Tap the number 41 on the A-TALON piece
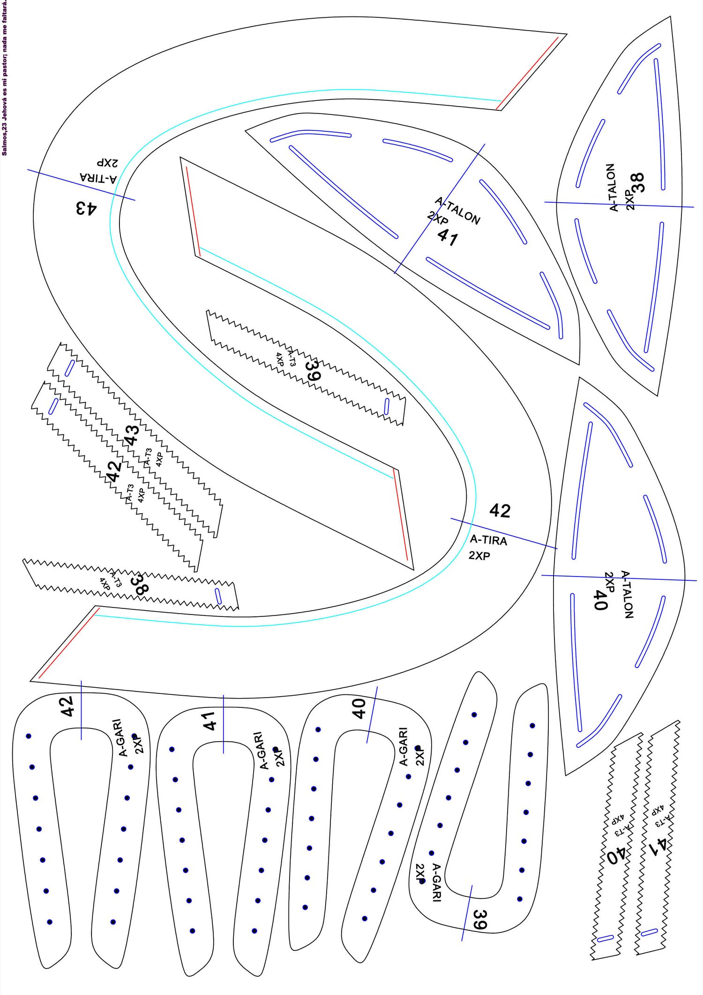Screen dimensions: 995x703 (448, 237)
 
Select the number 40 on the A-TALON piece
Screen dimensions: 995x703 (600, 600)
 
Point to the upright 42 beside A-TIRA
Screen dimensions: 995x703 (500, 510)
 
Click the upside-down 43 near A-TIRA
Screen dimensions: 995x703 (86, 207)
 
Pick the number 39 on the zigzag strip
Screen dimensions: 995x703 (313, 371)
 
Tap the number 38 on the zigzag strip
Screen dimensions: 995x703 (140, 584)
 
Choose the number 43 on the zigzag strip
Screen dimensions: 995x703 (132, 434)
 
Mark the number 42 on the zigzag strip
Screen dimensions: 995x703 (114, 471)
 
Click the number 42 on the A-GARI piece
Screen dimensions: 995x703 (67, 706)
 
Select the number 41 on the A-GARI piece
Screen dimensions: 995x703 (209, 721)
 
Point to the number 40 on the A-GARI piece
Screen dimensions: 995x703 (359, 708)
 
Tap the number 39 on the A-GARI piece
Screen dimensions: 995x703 (479, 919)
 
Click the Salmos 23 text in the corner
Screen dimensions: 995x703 (4, 77)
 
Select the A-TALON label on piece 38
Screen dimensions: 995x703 (612, 187)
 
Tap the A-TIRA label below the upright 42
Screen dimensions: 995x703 (488, 540)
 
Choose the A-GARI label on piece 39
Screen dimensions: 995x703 (436, 882)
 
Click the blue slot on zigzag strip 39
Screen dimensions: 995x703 (387, 406)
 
